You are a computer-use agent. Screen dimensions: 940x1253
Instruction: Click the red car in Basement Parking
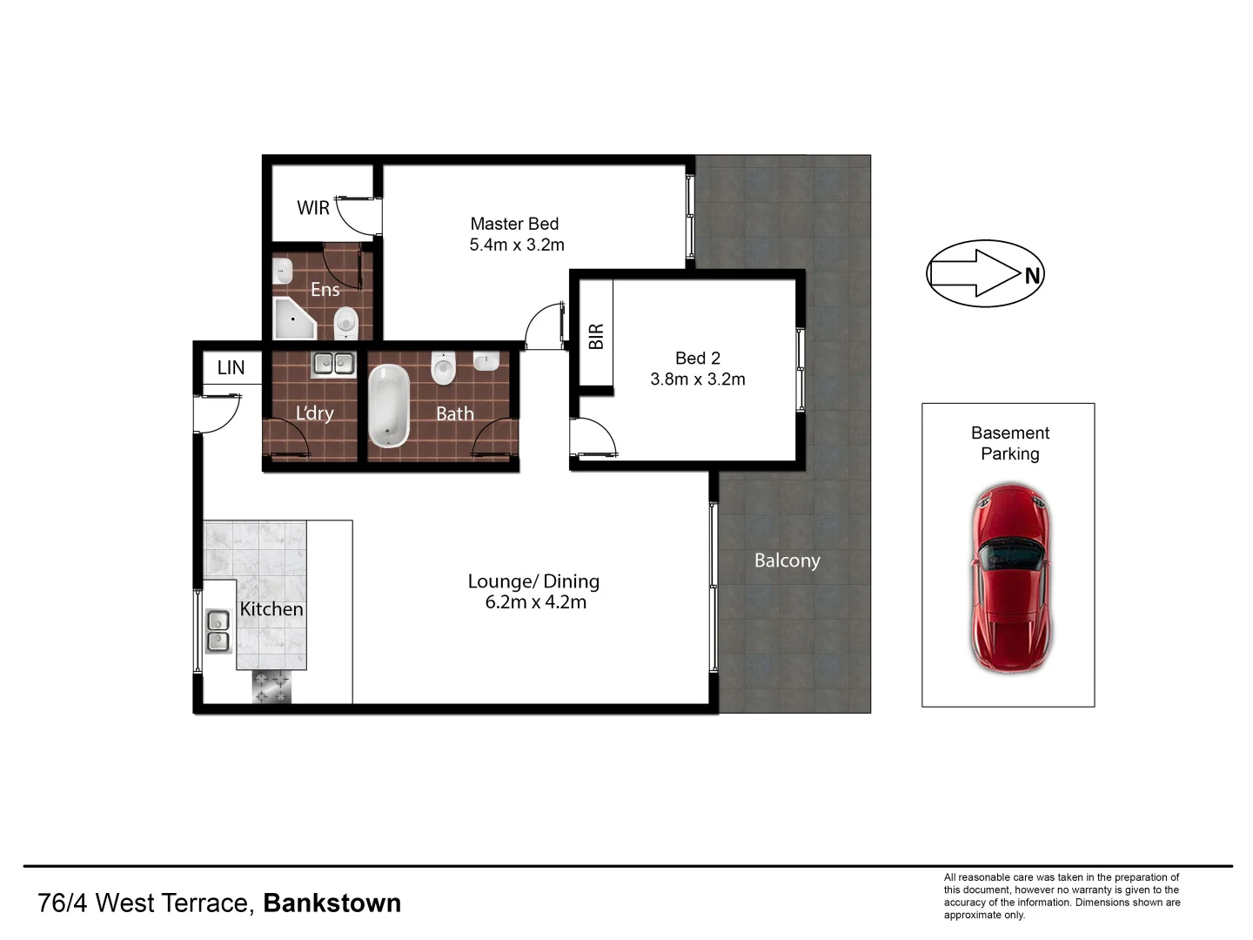(1009, 579)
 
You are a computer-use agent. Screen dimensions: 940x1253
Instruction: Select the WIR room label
(313, 208)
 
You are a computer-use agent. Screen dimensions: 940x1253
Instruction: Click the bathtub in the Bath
(389, 406)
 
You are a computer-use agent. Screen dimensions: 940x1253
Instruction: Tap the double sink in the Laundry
(333, 364)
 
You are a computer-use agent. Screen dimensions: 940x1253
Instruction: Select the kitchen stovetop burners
(271, 688)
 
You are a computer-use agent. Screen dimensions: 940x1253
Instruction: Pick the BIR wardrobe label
(596, 336)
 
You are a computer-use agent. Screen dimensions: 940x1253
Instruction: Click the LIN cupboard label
(231, 367)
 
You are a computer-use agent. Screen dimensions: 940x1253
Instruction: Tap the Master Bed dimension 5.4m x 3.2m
(517, 245)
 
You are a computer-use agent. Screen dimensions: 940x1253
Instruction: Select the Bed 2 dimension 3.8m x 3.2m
(698, 379)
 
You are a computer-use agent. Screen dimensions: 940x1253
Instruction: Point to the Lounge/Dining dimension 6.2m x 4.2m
(535, 602)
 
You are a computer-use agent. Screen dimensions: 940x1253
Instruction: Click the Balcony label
(787, 561)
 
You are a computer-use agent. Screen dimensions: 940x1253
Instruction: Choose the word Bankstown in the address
(332, 903)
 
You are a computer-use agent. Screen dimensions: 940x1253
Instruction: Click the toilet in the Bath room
(444, 368)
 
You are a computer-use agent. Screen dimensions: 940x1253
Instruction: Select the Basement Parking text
(1009, 443)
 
